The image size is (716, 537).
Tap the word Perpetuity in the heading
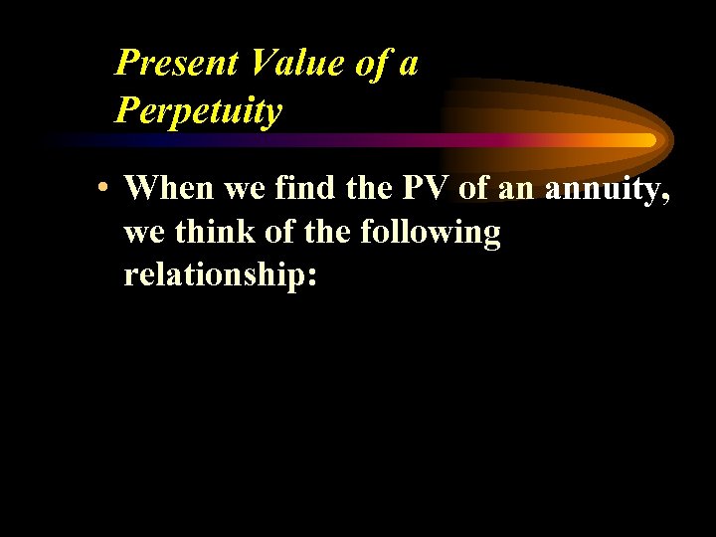pyautogui.click(x=199, y=110)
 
